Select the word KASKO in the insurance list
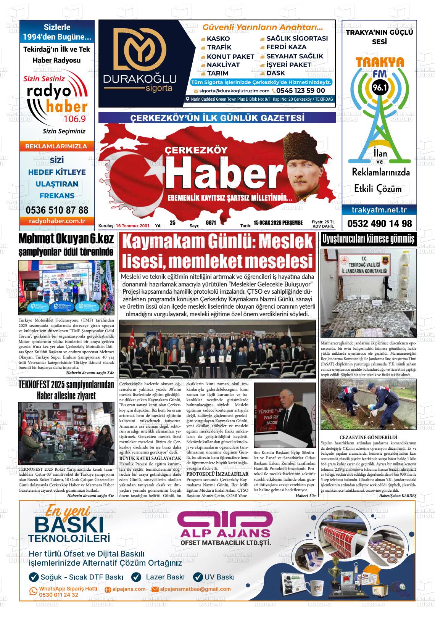[218, 39]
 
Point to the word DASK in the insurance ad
[275, 73]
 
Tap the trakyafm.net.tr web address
[379, 210]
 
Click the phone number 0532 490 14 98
[379, 224]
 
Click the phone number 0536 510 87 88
[57, 210]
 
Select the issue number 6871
[211, 223]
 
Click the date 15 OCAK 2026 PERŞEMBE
[278, 223]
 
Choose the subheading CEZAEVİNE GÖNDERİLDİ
[368, 437]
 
